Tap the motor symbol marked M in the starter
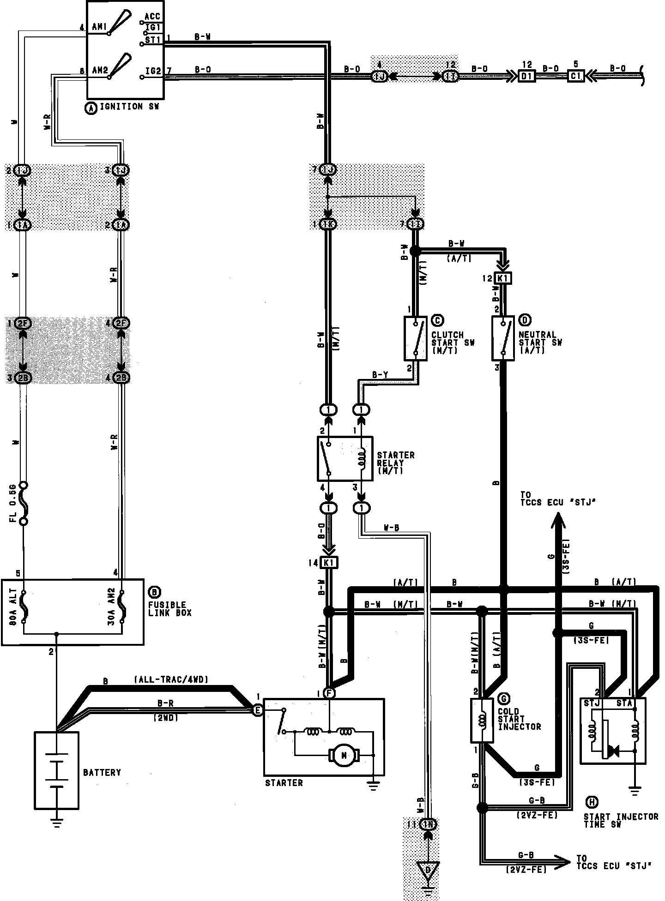(x=343, y=756)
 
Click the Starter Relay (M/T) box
(x=345, y=459)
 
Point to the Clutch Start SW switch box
(x=415, y=338)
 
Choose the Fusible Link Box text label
(x=170, y=609)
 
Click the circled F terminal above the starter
(x=329, y=693)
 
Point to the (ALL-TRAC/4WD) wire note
(x=171, y=680)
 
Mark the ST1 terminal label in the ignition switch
(x=152, y=40)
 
